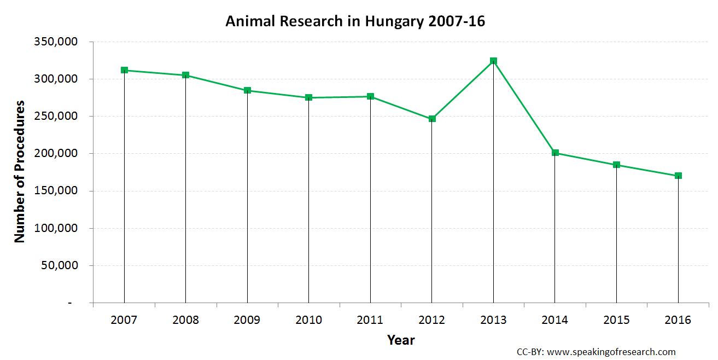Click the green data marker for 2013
click(493, 61)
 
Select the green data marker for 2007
click(124, 70)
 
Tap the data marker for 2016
click(678, 176)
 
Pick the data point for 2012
click(431, 119)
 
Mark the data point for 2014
click(555, 153)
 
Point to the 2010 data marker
click(308, 97)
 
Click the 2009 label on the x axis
click(247, 320)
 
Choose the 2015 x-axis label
click(616, 320)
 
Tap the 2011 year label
click(370, 320)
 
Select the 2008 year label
click(185, 320)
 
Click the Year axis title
click(401, 340)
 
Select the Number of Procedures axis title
click(20, 171)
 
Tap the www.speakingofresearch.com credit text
click(611, 352)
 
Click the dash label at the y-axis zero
click(70, 303)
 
